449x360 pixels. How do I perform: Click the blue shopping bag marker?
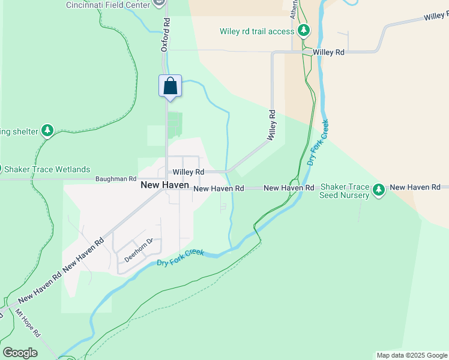coord(170,86)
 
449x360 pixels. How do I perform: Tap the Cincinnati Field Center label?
coord(108,5)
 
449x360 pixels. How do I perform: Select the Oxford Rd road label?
coord(166,35)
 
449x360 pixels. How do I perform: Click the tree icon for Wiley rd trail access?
coord(304,30)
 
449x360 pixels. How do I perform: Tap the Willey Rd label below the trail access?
coord(328,53)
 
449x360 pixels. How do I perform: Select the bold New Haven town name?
coord(164,185)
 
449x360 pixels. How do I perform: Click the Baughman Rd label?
coord(116,179)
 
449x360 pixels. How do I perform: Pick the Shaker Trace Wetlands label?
coord(49,169)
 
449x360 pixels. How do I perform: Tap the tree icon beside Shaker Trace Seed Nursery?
coord(378,190)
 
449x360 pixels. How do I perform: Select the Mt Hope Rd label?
coord(27,322)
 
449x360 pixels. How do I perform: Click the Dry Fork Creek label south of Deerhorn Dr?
coord(180,258)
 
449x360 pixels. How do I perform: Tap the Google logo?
coord(20,352)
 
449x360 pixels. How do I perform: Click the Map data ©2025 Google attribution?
coord(411,355)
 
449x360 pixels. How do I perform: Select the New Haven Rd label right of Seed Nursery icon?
coord(415,188)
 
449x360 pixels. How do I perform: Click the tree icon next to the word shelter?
coord(47,130)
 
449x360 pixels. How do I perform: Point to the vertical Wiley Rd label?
coord(273,125)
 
